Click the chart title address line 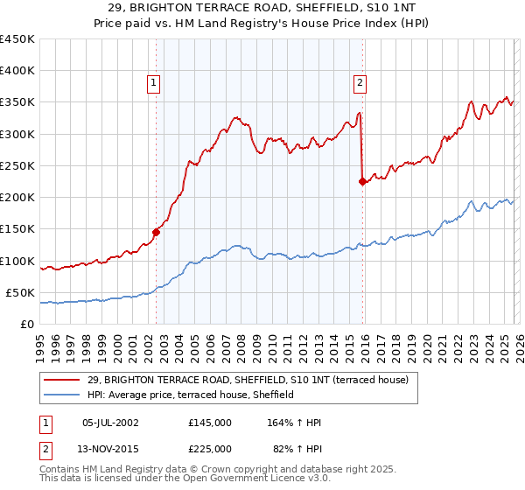click(262, 8)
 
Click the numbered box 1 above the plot click(153, 83)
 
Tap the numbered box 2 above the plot click(359, 83)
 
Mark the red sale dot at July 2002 click(157, 232)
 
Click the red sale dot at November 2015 click(362, 182)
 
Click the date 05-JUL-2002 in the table click(110, 423)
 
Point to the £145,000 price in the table click(210, 423)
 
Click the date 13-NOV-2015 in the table click(110, 448)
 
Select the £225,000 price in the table click(210, 448)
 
